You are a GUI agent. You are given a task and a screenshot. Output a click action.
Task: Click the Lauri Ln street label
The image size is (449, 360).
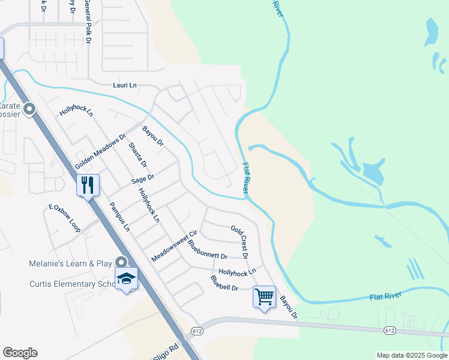click(x=125, y=85)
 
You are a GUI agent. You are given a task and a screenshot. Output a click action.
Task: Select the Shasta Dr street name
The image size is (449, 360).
click(x=138, y=155)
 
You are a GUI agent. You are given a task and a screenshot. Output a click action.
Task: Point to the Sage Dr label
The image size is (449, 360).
click(x=143, y=178)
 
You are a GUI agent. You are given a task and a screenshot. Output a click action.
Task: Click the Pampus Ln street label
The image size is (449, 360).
click(x=119, y=217)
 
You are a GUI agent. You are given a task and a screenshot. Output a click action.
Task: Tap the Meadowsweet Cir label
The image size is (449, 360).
click(x=174, y=246)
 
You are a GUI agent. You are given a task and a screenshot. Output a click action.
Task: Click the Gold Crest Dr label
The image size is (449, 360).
click(x=240, y=242)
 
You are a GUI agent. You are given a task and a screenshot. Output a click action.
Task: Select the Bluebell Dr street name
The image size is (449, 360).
click(x=224, y=283)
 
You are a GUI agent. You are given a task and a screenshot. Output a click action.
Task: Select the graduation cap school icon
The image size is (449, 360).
click(x=127, y=278)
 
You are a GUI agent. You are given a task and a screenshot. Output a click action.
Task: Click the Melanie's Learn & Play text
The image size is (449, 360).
click(x=71, y=263)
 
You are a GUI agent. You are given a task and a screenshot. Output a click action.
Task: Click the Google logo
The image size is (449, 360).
click(x=20, y=353)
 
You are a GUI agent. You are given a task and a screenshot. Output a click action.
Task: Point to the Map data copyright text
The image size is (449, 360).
click(x=412, y=355)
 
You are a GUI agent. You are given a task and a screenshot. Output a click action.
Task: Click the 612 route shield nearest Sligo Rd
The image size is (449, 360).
click(x=197, y=331)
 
